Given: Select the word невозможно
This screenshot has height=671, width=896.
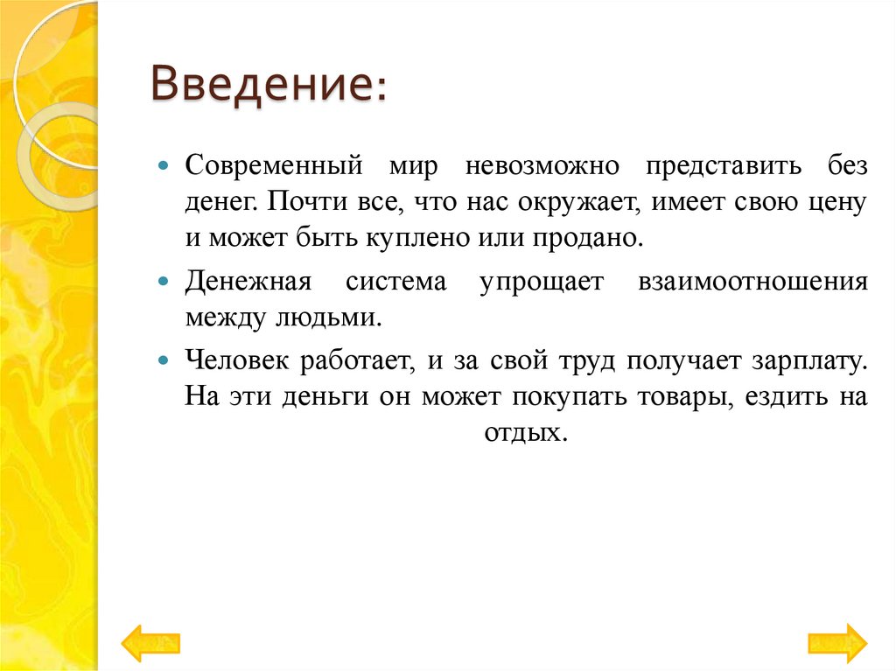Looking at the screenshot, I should pos(542,165).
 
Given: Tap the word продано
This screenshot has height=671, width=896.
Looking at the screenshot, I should pos(592,238).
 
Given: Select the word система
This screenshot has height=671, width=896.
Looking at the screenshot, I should pos(395,282).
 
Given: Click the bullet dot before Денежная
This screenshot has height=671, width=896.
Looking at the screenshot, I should pos(164,282).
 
